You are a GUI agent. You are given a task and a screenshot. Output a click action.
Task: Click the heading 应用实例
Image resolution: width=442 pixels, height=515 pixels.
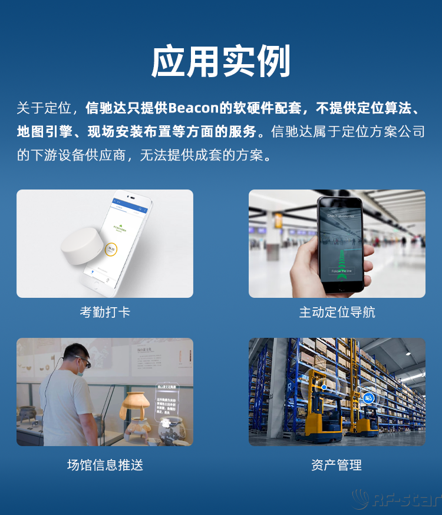tap(220, 61)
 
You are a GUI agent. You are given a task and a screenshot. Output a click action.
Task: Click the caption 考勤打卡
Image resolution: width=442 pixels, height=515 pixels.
tap(105, 312)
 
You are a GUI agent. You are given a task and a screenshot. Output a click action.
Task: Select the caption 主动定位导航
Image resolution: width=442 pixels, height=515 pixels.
tap(337, 312)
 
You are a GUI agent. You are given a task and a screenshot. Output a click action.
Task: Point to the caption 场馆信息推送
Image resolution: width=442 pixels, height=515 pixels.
tap(105, 465)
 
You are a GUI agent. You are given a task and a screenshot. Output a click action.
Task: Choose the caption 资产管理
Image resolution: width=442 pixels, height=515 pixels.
tap(337, 465)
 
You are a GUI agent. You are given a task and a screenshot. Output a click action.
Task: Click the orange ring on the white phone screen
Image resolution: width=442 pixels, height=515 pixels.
tap(110, 250)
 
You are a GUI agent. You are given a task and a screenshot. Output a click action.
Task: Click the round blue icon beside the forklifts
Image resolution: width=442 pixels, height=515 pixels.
tap(368, 398)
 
